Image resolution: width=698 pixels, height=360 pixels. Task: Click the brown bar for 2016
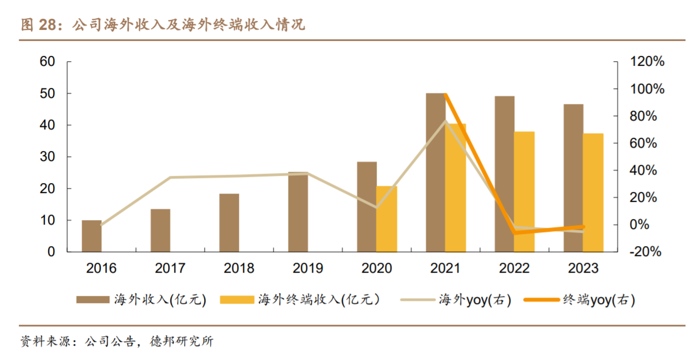tap(92, 236)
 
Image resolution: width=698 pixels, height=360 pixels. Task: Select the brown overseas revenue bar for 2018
tap(229, 223)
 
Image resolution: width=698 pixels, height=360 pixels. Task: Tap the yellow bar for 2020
tap(387, 219)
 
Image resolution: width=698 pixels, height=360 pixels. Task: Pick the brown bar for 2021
tap(435, 173)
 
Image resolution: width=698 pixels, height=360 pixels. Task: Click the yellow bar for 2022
tap(524, 192)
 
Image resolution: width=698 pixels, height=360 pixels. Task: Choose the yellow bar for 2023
tap(593, 192)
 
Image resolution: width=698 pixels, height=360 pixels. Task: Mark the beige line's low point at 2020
tap(377, 208)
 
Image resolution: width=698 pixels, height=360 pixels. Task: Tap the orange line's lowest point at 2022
tap(514, 233)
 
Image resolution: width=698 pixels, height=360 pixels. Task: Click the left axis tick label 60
tap(48, 61)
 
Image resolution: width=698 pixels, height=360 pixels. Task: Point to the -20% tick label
tap(646, 252)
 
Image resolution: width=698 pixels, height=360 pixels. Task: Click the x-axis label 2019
tap(308, 269)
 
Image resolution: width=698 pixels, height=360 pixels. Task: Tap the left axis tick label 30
tap(48, 157)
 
